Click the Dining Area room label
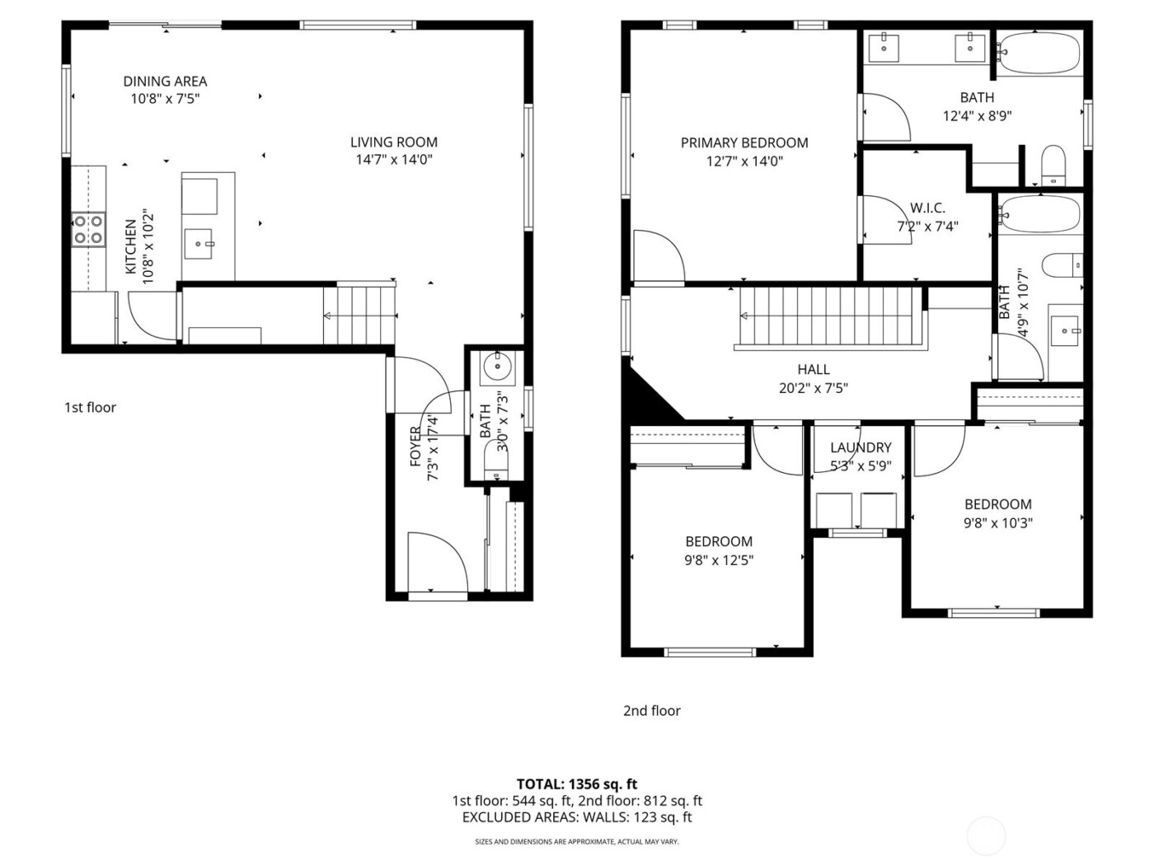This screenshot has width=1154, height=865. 165,81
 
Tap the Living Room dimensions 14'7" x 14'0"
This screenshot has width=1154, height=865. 393,160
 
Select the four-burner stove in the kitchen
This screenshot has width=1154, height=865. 88,229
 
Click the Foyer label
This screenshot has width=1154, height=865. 416,446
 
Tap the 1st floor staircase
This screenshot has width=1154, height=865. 359,315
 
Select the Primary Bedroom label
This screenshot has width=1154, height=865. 744,143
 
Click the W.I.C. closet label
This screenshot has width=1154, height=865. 927,208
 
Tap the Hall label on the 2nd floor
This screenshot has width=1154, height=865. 813,369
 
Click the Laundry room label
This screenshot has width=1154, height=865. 861,447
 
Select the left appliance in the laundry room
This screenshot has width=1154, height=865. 834,509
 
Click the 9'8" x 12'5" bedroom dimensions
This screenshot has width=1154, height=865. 719,559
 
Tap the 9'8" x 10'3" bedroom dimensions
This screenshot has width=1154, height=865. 998,522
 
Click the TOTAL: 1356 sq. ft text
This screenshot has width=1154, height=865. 576,783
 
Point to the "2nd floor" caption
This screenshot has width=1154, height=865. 651,710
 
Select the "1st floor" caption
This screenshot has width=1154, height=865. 90,407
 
